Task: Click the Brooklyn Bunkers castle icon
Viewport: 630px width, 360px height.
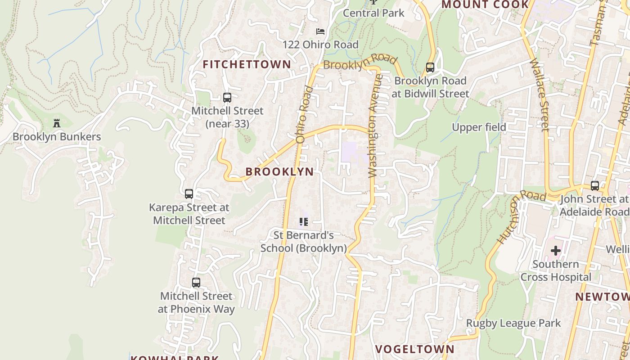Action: point(57,123)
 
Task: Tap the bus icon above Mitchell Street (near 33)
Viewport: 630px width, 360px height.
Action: point(227,97)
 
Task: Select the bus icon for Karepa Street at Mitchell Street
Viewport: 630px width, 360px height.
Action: point(189,194)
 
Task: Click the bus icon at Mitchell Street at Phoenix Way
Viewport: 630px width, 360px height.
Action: point(196,283)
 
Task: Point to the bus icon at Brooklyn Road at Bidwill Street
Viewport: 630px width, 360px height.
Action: point(430,67)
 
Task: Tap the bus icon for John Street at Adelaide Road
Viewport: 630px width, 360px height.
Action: point(595,185)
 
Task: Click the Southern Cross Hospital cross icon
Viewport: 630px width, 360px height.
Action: point(556,250)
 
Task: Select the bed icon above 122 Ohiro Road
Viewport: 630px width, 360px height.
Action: point(320,31)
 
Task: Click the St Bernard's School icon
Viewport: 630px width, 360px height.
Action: point(304,221)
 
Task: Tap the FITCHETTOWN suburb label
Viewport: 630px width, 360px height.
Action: point(247,64)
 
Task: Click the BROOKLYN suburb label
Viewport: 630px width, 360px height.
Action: point(279,171)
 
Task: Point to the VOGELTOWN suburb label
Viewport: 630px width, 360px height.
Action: point(414,349)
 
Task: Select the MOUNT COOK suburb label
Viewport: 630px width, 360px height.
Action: point(485,4)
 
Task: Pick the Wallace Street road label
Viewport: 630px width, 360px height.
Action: point(540,94)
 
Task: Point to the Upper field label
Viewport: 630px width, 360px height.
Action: point(479,127)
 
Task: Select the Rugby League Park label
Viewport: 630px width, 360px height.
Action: point(513,323)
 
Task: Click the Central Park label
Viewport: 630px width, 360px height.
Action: point(374,13)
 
